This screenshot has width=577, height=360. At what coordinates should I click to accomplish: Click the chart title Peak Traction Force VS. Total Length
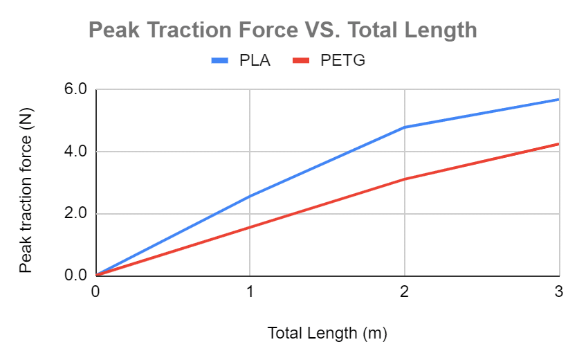[282, 30]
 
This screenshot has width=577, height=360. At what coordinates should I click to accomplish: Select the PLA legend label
[255, 61]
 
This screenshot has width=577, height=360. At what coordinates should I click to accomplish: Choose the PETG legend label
[342, 61]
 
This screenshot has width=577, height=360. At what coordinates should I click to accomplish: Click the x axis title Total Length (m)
[327, 333]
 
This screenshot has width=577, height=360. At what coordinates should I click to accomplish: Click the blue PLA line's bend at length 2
[404, 127]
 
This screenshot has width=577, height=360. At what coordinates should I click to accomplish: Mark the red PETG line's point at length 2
[404, 179]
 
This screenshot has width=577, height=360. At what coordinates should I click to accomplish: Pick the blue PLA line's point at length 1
[250, 196]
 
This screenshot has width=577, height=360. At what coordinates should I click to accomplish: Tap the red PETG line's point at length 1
[250, 227]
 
